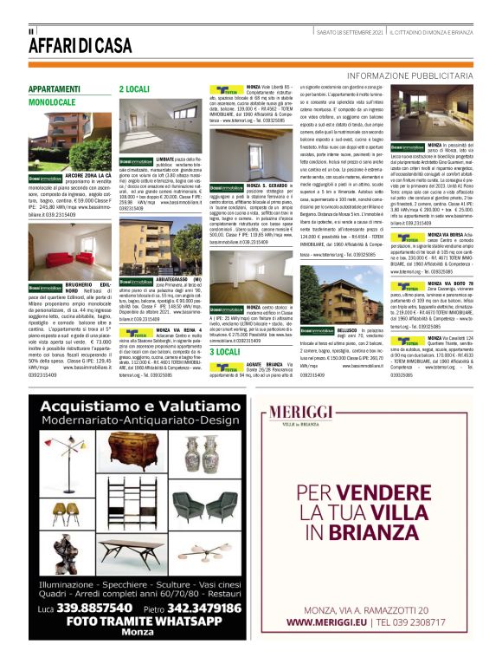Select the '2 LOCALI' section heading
point(134,88)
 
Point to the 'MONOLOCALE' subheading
point(52,101)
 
